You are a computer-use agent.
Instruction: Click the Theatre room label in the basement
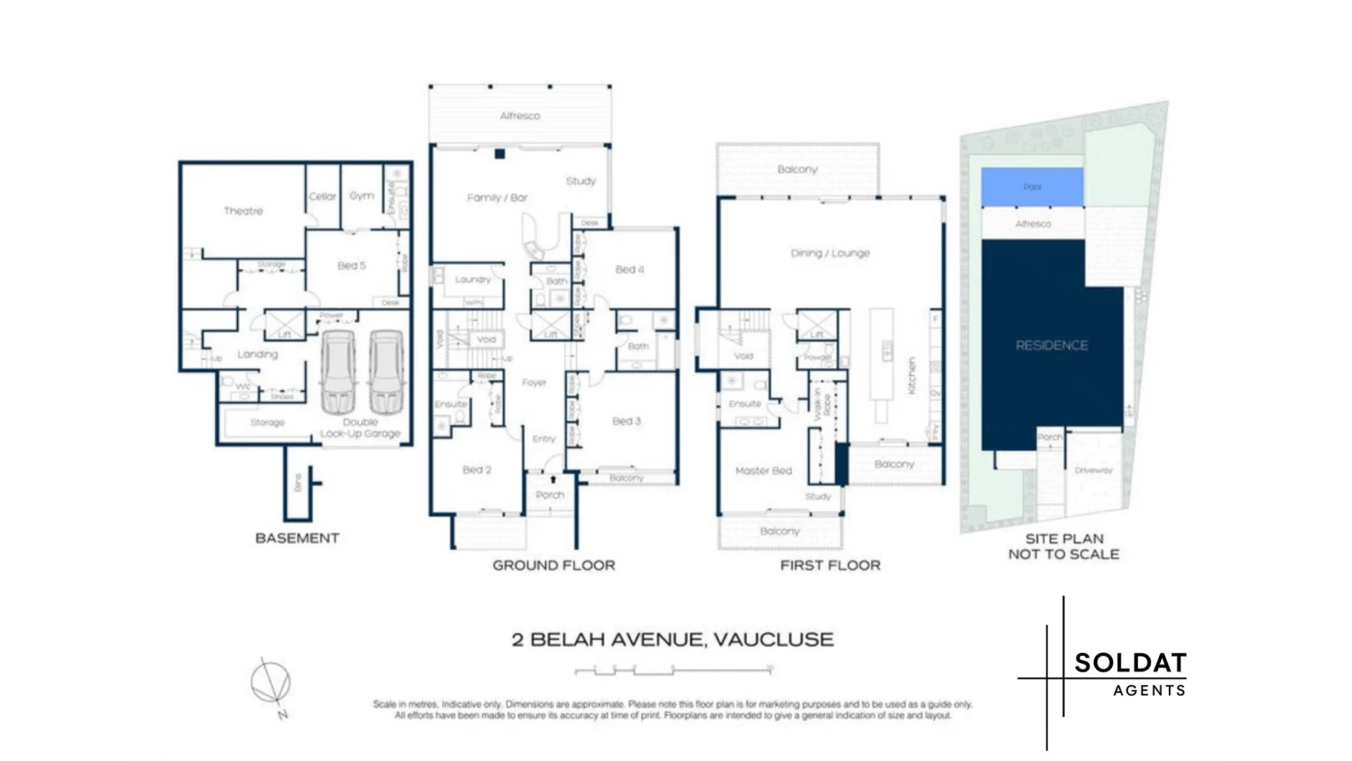[x=243, y=211]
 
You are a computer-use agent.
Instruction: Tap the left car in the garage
[x=338, y=372]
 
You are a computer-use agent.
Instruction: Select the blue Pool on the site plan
[x=1032, y=187]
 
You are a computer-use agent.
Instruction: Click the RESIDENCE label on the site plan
[x=1052, y=345]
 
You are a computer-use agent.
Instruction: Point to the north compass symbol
[x=271, y=682]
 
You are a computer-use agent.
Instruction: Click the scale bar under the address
[x=674, y=671]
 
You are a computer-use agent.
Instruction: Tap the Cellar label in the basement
[x=322, y=196]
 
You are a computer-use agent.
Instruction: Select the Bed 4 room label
[x=630, y=270]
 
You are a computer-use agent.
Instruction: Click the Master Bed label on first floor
[x=763, y=471]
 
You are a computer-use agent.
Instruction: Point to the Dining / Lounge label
[x=830, y=253]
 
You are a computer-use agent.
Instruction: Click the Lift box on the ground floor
[x=550, y=326]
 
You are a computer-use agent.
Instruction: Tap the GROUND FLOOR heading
[x=554, y=566]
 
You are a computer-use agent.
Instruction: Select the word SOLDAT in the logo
[x=1130, y=663]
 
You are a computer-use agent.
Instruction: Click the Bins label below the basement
[x=298, y=483]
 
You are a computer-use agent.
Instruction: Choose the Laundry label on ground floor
[x=473, y=280]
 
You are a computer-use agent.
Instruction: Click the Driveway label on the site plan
[x=1093, y=470]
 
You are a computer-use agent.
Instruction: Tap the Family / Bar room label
[x=497, y=198]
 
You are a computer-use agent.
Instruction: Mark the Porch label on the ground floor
[x=549, y=495]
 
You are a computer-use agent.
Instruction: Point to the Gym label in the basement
[x=361, y=195]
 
